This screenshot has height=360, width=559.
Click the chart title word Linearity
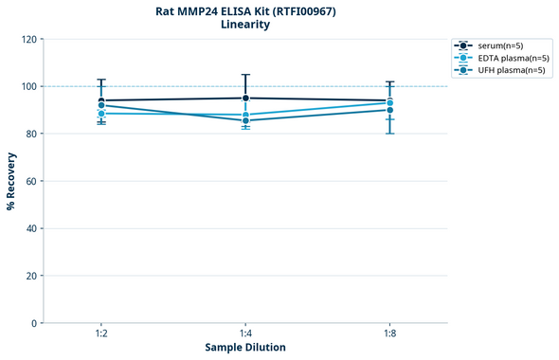click(x=245, y=25)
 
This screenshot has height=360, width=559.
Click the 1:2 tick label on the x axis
click(x=101, y=334)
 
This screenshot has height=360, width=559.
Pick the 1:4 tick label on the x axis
click(x=245, y=334)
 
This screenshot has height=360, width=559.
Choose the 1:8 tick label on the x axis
click(x=389, y=334)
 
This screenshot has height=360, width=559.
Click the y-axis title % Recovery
click(x=11, y=181)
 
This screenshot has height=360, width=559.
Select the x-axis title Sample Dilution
click(x=245, y=348)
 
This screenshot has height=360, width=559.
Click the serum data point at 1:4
click(x=245, y=98)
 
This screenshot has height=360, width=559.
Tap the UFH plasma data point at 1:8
click(x=389, y=110)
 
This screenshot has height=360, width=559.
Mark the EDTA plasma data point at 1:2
click(x=101, y=114)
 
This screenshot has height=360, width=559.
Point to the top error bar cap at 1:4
click(x=245, y=75)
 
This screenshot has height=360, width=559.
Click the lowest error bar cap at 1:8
click(x=389, y=134)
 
